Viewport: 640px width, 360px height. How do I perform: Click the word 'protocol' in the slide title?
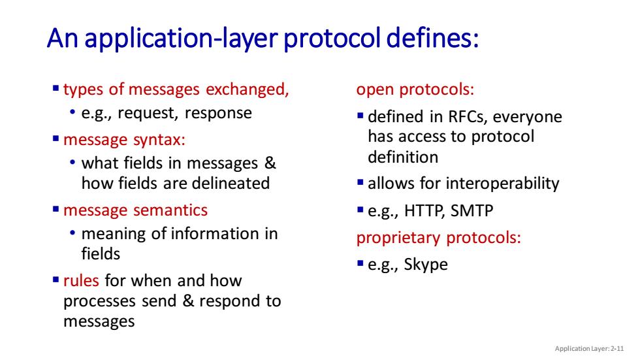332,39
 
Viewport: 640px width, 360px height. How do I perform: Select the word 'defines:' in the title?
432,38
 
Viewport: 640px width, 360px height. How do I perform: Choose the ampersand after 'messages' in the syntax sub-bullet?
270,163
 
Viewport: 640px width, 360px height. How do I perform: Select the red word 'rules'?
81,280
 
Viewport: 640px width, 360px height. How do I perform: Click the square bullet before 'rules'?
56,280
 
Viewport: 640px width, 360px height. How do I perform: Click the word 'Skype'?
426,265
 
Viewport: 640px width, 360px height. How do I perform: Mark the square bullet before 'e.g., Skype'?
360,263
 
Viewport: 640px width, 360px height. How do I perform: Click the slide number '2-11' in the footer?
617,349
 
